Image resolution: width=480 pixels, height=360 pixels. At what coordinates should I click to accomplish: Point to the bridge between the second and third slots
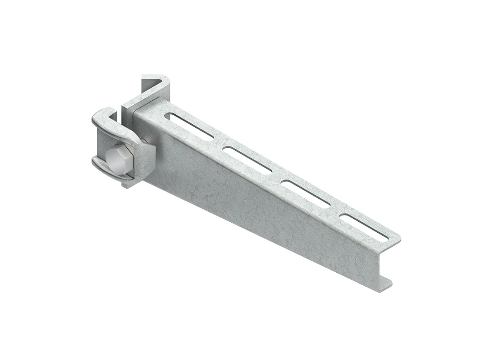pyautogui.click(x=276, y=175)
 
